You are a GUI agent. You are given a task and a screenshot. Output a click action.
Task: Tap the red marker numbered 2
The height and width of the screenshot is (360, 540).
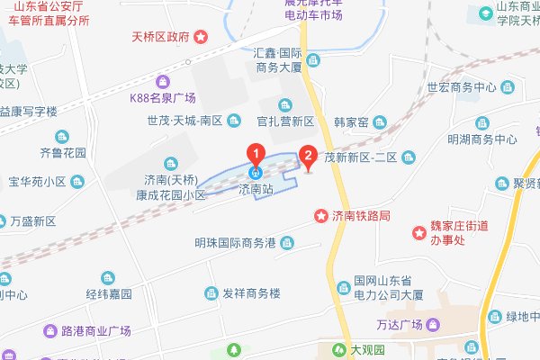(x=308, y=157)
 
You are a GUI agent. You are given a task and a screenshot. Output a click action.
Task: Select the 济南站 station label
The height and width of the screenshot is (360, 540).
(x=256, y=190)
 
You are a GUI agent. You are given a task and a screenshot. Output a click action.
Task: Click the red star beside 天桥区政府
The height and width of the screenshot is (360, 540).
(x=200, y=37)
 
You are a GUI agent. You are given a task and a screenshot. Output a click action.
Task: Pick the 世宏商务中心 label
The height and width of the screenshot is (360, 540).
(x=461, y=88)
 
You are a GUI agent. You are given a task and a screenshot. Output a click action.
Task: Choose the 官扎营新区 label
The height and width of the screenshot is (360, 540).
(x=283, y=121)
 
